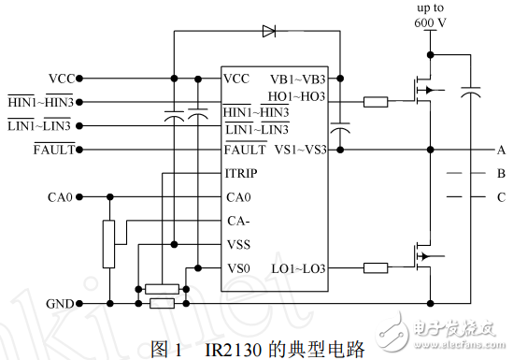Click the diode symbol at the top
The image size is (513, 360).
pos(269,31)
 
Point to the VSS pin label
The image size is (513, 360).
pos(237,244)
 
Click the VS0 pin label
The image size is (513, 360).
pos(237,268)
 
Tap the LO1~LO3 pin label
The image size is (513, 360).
pos(299,268)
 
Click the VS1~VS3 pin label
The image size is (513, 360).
pos(299,150)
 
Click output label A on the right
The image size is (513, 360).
pos(501,150)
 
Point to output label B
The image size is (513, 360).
pos(501,174)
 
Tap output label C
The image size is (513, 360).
pos(501,197)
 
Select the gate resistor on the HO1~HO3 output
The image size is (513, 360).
pos(376,100)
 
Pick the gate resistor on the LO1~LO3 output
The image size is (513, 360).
pos(376,268)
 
